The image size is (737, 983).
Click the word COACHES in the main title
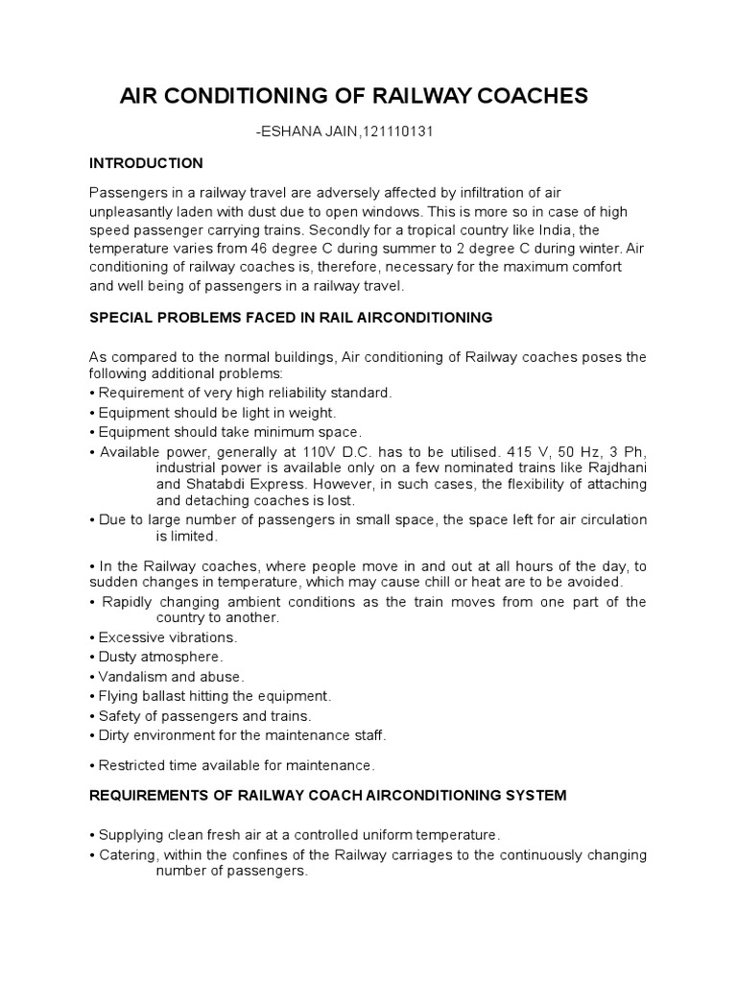pyautogui.click(x=530, y=97)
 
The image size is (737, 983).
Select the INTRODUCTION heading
pyautogui.click(x=146, y=163)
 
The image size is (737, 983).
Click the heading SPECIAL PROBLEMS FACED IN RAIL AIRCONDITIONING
pyautogui.click(x=291, y=317)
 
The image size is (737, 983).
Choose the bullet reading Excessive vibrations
pyautogui.click(x=168, y=637)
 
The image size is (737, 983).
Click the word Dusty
pyautogui.click(x=120, y=657)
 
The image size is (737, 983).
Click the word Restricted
pyautogui.click(x=135, y=765)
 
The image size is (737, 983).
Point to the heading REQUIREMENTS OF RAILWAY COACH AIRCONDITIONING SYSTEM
pyautogui.click(x=327, y=796)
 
